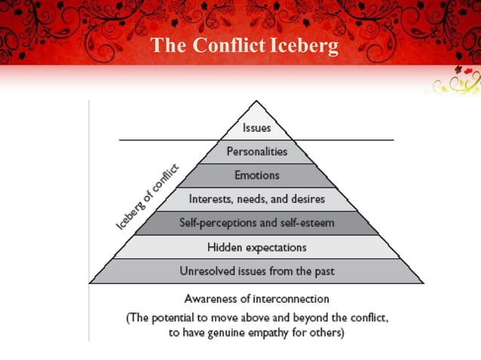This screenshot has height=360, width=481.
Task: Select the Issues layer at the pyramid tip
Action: (257, 128)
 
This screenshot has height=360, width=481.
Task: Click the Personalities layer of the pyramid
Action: (257, 151)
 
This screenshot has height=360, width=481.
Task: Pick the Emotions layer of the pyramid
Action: (257, 175)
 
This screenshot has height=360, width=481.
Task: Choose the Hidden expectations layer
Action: (257, 247)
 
